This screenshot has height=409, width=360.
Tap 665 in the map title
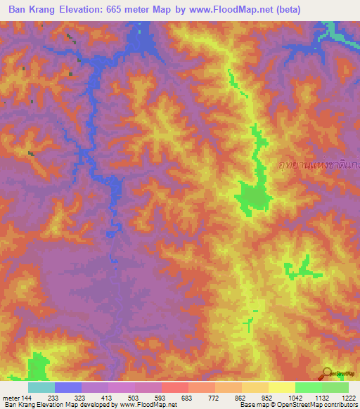tap(125, 10)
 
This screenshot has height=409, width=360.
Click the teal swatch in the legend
tap(41, 387)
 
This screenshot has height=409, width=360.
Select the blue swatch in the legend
tap(68, 387)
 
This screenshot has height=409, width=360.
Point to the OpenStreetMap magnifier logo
tap(328, 373)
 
